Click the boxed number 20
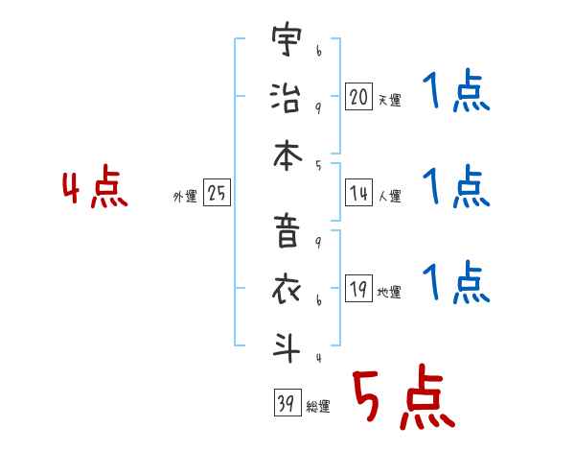point(358,96)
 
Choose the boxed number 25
point(217,194)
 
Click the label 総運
point(318,406)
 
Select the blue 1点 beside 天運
point(456,93)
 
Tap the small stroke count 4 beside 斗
point(317,359)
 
